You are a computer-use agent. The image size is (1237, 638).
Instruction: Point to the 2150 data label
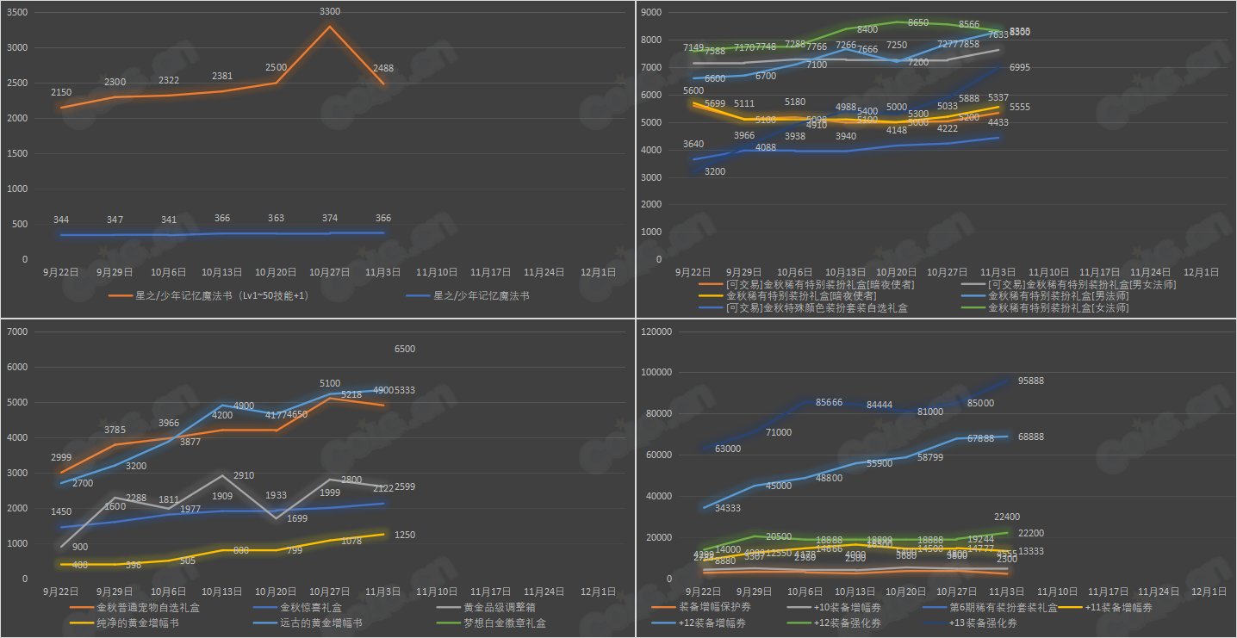click(x=61, y=92)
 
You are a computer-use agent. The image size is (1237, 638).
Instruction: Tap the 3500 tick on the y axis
click(x=17, y=13)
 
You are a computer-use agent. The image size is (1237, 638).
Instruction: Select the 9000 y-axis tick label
click(x=650, y=13)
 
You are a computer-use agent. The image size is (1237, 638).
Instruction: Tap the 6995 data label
click(x=1020, y=67)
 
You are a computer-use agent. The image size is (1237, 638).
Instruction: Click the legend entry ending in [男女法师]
click(x=1088, y=284)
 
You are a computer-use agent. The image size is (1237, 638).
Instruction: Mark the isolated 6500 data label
click(x=405, y=349)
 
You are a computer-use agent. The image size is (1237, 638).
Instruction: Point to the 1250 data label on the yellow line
click(x=405, y=535)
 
